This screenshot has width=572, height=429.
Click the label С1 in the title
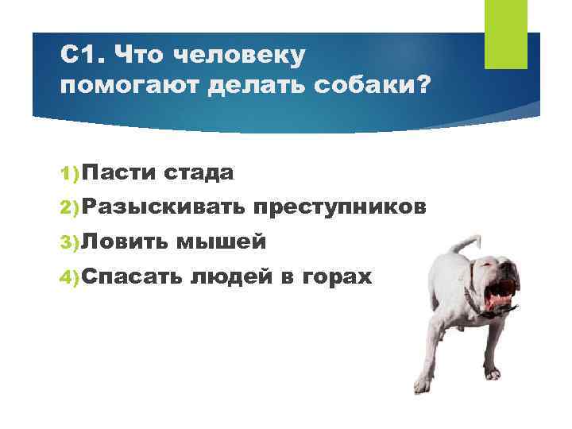[x=80, y=55]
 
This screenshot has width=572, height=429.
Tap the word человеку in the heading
[x=238, y=55]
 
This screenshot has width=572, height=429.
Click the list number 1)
[x=69, y=172]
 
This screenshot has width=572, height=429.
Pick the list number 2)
[x=69, y=207]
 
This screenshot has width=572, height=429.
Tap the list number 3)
[x=69, y=242]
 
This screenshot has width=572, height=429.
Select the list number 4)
[x=69, y=277]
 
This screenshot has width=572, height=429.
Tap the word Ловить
[x=123, y=242]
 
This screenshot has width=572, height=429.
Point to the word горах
[x=336, y=277]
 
